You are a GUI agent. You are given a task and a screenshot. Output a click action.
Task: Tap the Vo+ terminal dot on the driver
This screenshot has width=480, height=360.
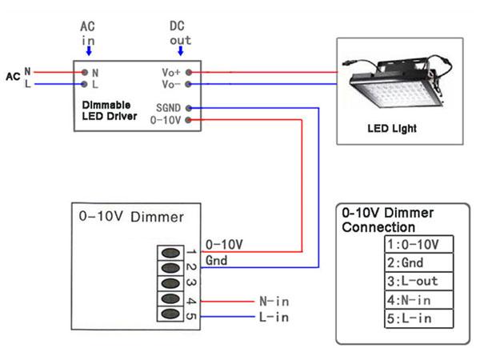pyautogui.click(x=189, y=72)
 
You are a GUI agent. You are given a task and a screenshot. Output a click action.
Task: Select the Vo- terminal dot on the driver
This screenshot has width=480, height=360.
pyautogui.click(x=189, y=83)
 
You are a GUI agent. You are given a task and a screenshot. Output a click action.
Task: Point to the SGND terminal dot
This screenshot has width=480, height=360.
pyautogui.click(x=189, y=107)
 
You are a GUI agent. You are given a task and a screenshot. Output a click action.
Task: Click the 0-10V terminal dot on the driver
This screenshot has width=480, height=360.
pyautogui.click(x=189, y=120)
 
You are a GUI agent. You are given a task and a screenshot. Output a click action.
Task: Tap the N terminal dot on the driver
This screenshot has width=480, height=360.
pyautogui.click(x=85, y=72)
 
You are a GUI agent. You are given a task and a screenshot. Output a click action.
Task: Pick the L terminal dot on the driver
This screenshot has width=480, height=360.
pyautogui.click(x=85, y=83)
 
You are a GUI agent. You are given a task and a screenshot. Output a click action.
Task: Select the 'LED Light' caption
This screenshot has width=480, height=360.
pyautogui.click(x=391, y=128)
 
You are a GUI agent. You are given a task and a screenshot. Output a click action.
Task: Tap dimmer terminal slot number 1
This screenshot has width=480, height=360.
pyautogui.click(x=170, y=253)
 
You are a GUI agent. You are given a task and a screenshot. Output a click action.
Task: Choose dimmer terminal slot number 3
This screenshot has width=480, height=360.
pyautogui.click(x=170, y=284)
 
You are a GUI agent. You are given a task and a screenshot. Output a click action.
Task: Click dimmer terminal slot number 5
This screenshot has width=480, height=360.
pyautogui.click(x=170, y=314)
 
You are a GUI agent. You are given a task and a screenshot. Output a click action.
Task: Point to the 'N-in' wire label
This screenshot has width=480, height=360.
pyautogui.click(x=274, y=302)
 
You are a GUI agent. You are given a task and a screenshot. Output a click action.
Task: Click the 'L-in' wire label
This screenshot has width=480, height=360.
pyautogui.click(x=274, y=318)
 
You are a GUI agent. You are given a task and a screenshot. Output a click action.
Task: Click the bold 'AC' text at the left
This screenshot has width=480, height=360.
pyautogui.click(x=13, y=78)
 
